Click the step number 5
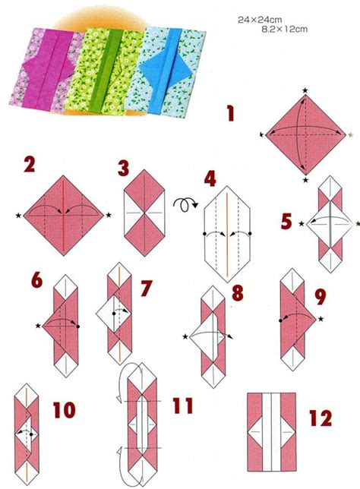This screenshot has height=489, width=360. (x=286, y=222)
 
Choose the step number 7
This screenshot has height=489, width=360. (x=146, y=288)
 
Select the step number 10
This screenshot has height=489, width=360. (x=64, y=411)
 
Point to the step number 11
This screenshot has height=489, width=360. (x=183, y=406)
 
